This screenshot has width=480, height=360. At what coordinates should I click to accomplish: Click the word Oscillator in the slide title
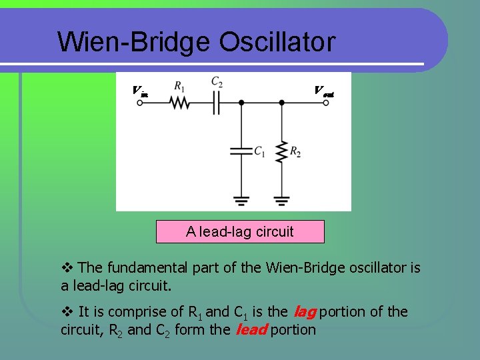point(276,42)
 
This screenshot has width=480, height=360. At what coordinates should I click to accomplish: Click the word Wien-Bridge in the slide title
point(133,42)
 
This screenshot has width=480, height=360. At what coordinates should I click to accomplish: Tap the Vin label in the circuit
point(140,91)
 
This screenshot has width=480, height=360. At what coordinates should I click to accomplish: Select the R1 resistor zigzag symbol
point(179,103)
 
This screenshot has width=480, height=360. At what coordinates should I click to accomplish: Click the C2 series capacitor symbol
point(216,103)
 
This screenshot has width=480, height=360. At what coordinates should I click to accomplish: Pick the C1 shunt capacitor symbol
point(241,151)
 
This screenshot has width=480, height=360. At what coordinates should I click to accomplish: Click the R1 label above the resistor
point(179,85)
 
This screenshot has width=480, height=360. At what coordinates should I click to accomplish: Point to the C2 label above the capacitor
point(217,81)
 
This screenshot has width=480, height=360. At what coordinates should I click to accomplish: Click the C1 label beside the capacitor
point(259,152)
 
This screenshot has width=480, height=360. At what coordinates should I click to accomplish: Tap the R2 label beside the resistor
point(295,153)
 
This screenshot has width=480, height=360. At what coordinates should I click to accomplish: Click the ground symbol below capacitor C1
point(241,199)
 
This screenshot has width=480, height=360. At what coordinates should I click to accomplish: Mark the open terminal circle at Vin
point(140,103)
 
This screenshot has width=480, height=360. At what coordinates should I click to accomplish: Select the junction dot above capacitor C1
point(241,103)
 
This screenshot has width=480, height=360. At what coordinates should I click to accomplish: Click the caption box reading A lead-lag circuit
point(240,231)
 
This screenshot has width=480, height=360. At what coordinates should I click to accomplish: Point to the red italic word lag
point(304,311)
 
